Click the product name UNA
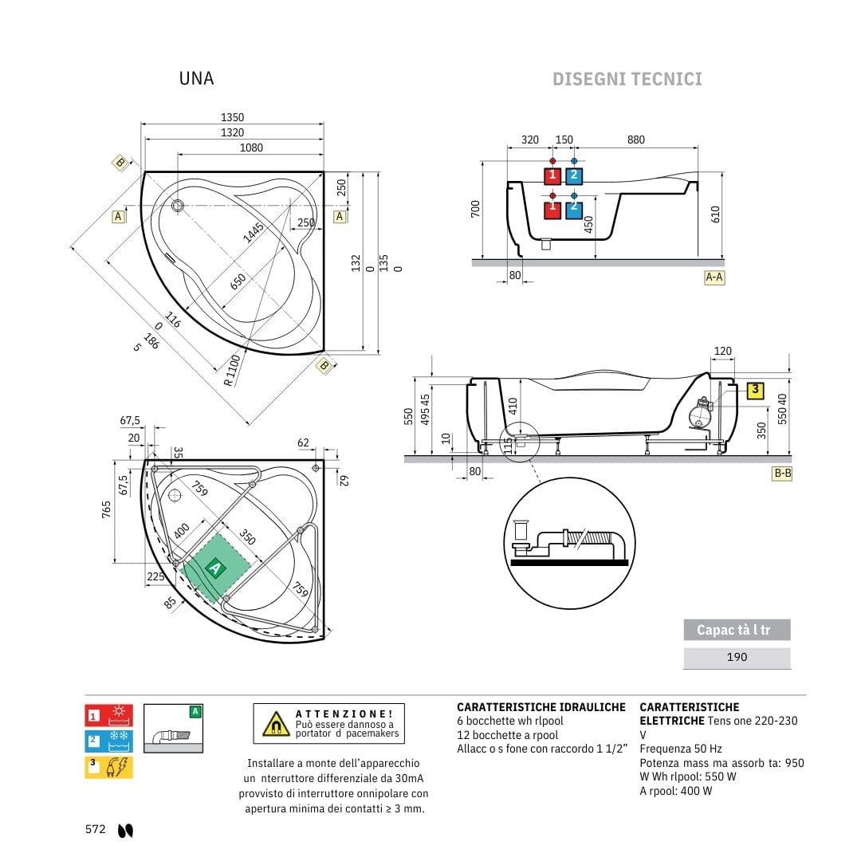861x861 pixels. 196,78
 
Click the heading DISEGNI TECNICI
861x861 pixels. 627,79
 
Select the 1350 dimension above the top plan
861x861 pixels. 233,117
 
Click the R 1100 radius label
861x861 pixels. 232,370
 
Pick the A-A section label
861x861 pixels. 714,277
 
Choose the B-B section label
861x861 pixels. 782,473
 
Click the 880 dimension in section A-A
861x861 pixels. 635,140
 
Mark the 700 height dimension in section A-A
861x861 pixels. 476,209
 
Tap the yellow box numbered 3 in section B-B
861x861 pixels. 756,391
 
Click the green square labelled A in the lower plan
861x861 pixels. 214,568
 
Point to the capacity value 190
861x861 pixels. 737,657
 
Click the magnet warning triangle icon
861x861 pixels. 276,723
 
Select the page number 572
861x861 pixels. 96,829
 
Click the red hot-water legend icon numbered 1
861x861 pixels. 108,715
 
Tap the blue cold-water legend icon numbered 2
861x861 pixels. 108,741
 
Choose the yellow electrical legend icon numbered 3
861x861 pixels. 108,767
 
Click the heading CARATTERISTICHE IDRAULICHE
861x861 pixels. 541,707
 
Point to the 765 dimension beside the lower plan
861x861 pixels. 106,510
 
